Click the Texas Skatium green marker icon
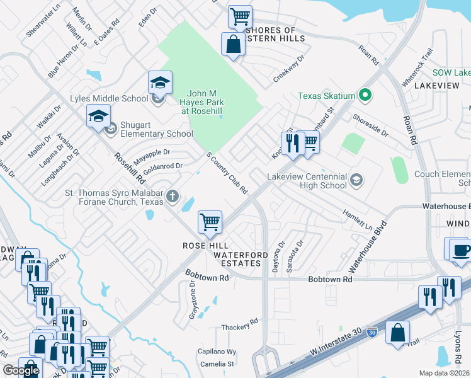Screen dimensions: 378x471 click(x=364, y=96)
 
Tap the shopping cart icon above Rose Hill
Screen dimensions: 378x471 click(x=210, y=221)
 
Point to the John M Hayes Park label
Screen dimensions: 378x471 click(x=203, y=101)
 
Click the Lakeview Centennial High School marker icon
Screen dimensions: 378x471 click(x=356, y=181)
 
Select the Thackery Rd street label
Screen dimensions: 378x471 click(x=240, y=328)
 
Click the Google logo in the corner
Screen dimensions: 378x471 click(x=21, y=370)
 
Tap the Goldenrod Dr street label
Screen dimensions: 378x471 click(x=162, y=168)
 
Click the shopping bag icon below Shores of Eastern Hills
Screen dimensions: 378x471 click(x=233, y=44)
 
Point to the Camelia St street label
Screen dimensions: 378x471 click(x=217, y=364)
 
